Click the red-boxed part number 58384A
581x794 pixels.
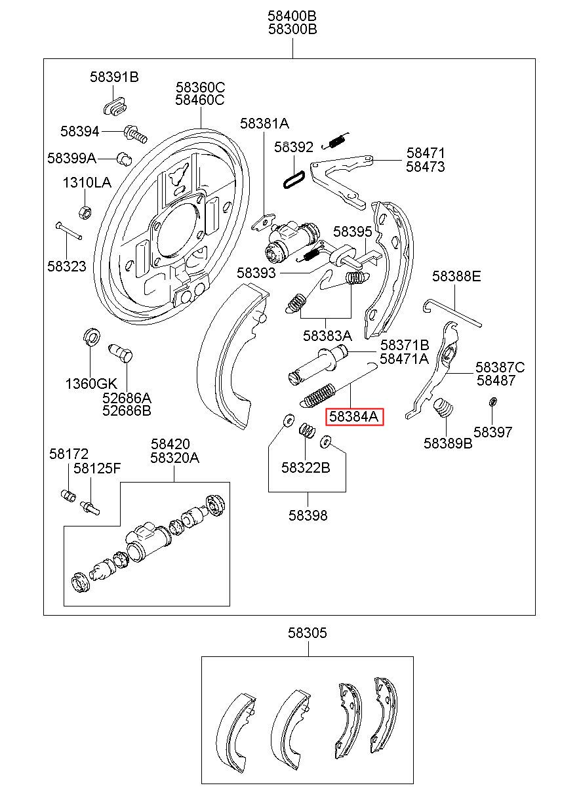(354, 416)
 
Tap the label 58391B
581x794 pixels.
(114, 77)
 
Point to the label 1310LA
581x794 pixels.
(87, 182)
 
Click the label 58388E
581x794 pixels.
(456, 276)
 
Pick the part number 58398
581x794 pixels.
(308, 515)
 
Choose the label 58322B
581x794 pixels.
(306, 468)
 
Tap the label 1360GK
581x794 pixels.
(91, 384)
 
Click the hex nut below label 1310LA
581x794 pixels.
(85, 212)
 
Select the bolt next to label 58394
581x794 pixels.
(135, 134)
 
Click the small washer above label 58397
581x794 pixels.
(492, 402)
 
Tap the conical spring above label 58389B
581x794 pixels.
(443, 408)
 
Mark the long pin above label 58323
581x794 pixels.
(69, 230)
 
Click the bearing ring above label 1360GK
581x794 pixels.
(91, 337)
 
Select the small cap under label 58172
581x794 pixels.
(68, 495)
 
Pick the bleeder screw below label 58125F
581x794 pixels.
(90, 508)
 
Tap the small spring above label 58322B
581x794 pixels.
(308, 430)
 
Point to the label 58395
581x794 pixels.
(353, 232)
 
